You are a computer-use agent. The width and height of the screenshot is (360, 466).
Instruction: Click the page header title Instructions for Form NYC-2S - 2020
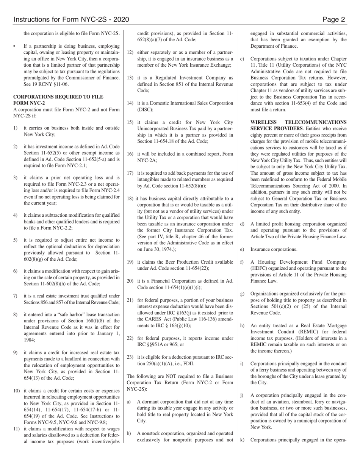click(71, 20)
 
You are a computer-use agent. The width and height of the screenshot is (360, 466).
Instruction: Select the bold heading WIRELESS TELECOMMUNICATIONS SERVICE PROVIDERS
click(298, 125)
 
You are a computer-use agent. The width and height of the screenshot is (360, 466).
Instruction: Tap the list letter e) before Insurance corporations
click(242, 249)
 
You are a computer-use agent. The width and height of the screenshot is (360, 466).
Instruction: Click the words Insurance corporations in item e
click(274, 249)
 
